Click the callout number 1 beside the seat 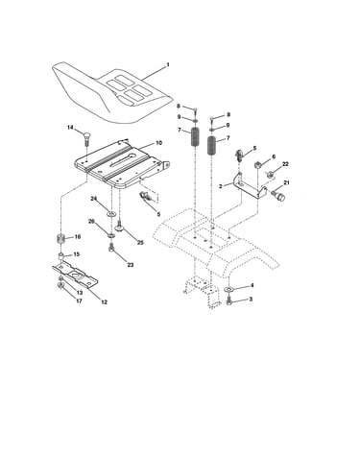click(x=168, y=65)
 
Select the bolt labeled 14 click(x=86, y=138)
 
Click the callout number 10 click(x=158, y=143)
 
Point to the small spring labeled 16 click(x=60, y=239)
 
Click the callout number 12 click(x=104, y=301)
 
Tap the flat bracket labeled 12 click(x=75, y=274)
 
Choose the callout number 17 click(x=79, y=301)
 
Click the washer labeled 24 click(x=111, y=213)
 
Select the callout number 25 click(x=140, y=243)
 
